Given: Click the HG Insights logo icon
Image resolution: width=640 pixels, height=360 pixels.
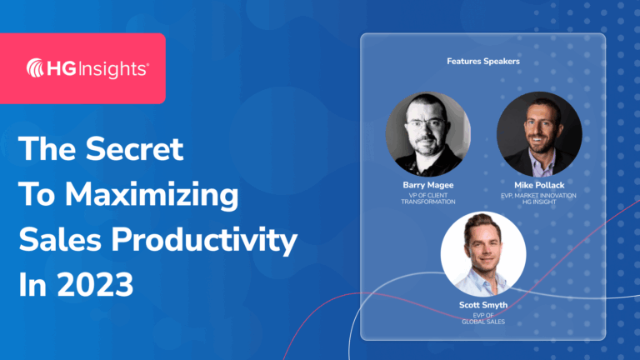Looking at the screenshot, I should tap(37, 68).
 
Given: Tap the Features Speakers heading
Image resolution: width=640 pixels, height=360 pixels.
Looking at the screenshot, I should tap(482, 61).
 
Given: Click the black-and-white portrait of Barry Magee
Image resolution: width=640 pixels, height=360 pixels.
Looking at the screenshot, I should tap(427, 133).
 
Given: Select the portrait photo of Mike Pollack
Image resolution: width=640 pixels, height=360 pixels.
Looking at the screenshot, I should tap(538, 133).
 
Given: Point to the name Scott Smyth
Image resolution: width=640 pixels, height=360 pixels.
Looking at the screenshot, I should tap(483, 306).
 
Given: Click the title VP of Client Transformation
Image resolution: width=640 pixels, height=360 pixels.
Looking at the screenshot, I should tap(427, 198).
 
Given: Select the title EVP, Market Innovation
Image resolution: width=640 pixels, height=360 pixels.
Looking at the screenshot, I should tap(538, 195).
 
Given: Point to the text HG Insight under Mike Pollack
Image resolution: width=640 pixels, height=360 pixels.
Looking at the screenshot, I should tap(538, 202).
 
